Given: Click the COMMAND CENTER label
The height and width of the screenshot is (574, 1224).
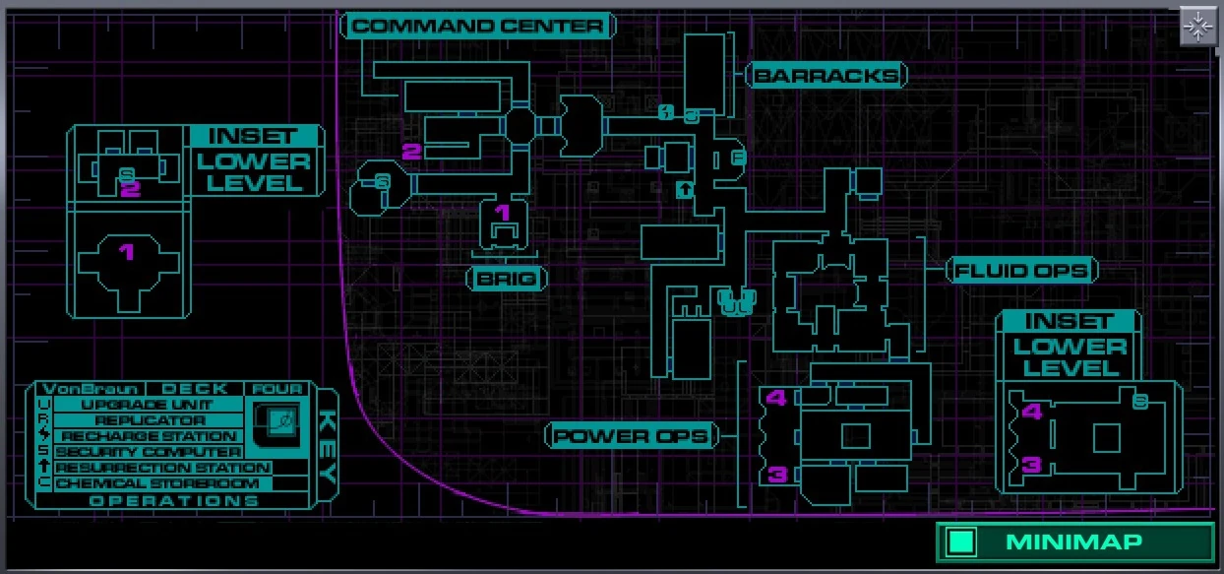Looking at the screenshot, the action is click(x=478, y=26).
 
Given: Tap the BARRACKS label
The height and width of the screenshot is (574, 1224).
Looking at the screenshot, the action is click(x=826, y=75).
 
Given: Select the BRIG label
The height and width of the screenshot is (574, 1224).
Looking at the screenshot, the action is click(x=506, y=279).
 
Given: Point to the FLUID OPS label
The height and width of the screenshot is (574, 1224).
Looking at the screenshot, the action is click(x=1021, y=271).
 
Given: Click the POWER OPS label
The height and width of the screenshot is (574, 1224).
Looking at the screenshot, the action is click(x=632, y=435).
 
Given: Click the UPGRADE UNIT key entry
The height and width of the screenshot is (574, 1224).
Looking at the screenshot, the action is click(x=148, y=405).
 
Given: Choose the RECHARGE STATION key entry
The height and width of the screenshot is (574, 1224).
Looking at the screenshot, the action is click(x=149, y=436).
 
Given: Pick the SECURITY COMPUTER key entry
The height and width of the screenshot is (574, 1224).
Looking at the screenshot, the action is click(x=148, y=452).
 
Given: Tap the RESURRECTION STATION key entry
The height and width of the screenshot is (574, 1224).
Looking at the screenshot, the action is click(x=162, y=468).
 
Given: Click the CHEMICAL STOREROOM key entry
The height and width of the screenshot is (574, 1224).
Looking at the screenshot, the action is click(x=157, y=483).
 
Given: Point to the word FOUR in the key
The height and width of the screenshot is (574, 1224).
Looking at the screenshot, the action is click(x=278, y=389).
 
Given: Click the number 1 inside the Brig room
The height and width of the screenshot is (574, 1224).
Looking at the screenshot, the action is click(x=503, y=212).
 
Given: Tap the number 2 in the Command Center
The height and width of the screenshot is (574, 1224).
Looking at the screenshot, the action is click(x=411, y=151).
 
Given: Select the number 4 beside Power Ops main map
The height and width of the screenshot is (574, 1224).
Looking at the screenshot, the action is click(x=776, y=398).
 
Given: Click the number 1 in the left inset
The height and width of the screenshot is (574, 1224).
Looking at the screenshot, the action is click(x=126, y=252).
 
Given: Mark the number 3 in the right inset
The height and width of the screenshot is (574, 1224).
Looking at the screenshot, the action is click(x=1031, y=465).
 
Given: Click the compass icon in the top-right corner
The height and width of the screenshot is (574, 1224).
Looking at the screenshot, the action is click(x=1198, y=28).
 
